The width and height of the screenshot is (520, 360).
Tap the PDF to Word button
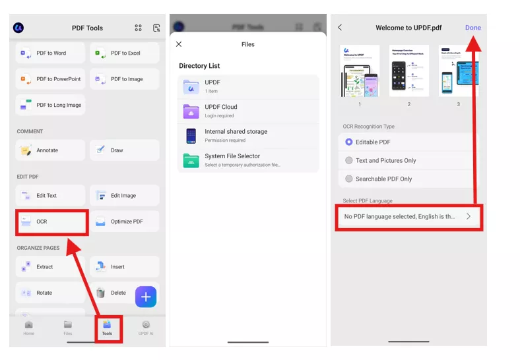point(51,53)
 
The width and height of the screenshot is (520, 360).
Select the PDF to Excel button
point(125,53)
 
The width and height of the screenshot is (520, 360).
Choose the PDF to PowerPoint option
point(51,79)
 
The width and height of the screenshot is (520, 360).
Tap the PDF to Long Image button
point(51,105)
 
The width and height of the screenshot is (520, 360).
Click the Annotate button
point(51,150)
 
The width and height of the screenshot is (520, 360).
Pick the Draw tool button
point(125,150)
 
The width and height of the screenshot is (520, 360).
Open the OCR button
point(51,222)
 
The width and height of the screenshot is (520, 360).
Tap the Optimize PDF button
point(125,222)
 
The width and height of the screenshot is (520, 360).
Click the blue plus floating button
point(146,297)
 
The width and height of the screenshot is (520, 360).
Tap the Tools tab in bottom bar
point(107,327)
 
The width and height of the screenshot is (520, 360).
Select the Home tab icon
point(29,327)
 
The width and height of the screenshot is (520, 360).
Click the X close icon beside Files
point(179,44)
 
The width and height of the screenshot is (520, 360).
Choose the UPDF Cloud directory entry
point(248,111)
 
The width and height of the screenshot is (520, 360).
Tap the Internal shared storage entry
point(248,135)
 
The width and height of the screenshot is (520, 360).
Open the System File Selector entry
point(248,160)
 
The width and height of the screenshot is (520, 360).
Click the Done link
point(472,28)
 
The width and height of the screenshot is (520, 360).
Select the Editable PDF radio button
point(349,142)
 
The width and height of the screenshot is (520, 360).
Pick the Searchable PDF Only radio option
point(349,179)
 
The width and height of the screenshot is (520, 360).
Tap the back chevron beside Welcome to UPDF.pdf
point(340,28)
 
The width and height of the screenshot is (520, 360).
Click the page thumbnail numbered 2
point(408,71)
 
